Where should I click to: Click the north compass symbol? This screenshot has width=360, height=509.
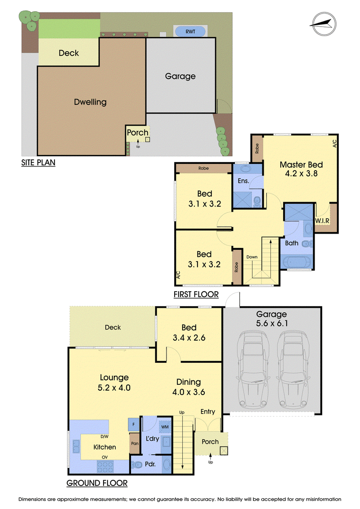click(323, 24)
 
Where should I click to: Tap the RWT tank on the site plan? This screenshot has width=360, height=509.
click(190, 32)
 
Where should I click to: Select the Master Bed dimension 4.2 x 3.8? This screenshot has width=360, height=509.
click(301, 174)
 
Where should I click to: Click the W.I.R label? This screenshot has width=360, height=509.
click(322, 221)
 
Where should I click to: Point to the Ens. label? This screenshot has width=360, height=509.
click(243, 181)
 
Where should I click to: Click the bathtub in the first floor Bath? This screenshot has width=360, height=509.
click(297, 262)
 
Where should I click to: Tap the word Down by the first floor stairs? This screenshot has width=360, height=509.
click(252, 257)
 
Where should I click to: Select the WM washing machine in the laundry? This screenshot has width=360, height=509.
click(165, 427)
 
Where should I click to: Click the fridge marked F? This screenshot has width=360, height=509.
click(133, 424)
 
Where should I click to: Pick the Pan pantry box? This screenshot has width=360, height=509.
click(135, 443)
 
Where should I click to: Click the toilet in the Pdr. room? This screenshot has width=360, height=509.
click(137, 464)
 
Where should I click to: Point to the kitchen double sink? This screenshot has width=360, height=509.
click(76, 446)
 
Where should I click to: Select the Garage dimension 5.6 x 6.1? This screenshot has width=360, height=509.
click(272, 323)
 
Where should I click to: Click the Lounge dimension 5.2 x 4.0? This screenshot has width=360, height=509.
click(114, 387)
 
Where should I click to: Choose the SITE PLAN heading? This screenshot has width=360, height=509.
click(38, 162)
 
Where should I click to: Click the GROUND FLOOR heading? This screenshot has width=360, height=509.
click(97, 483)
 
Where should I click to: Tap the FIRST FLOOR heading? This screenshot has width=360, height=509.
click(196, 294)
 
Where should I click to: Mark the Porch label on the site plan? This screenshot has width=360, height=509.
click(138, 132)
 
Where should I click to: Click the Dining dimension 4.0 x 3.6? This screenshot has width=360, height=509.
click(189, 392)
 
